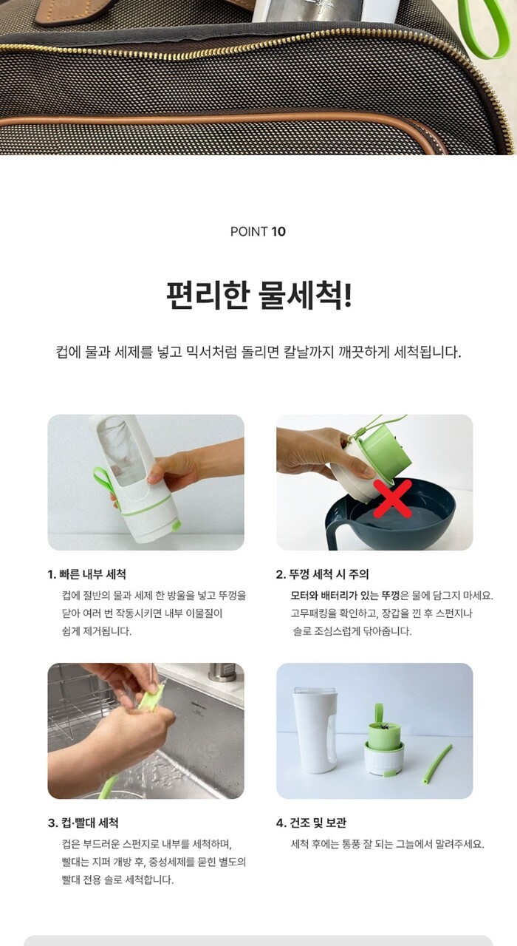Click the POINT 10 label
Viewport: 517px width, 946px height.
(258, 231)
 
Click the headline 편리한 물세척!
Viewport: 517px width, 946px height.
(258, 294)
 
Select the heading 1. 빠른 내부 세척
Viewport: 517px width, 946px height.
(86, 574)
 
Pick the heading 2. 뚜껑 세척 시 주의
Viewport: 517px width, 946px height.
(323, 574)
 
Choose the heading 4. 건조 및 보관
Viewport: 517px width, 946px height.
(312, 823)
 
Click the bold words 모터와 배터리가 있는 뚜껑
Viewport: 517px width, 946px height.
(345, 596)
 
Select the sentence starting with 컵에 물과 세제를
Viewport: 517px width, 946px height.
(258, 352)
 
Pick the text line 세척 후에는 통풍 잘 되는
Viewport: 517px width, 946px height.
(387, 844)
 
